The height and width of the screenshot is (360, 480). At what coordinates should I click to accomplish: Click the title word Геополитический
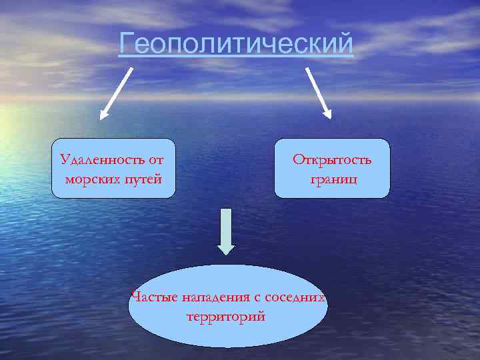pyautogui.click(x=236, y=45)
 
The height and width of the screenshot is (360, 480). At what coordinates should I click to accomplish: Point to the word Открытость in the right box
pyautogui.click(x=332, y=160)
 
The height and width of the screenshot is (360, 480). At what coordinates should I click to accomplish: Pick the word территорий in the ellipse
pyautogui.click(x=227, y=315)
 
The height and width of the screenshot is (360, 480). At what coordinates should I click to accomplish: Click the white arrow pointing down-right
pyautogui.click(x=319, y=91)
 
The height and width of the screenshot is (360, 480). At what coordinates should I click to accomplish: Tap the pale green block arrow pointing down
pyautogui.click(x=227, y=231)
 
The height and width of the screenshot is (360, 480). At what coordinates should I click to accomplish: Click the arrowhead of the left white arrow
pyautogui.click(x=103, y=114)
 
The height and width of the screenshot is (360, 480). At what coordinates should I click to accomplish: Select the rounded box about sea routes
pyautogui.click(x=113, y=168)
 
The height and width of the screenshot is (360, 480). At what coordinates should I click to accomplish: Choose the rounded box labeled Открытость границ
pyautogui.click(x=332, y=168)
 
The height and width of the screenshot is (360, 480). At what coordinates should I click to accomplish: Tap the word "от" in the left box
pyautogui.click(x=156, y=160)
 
